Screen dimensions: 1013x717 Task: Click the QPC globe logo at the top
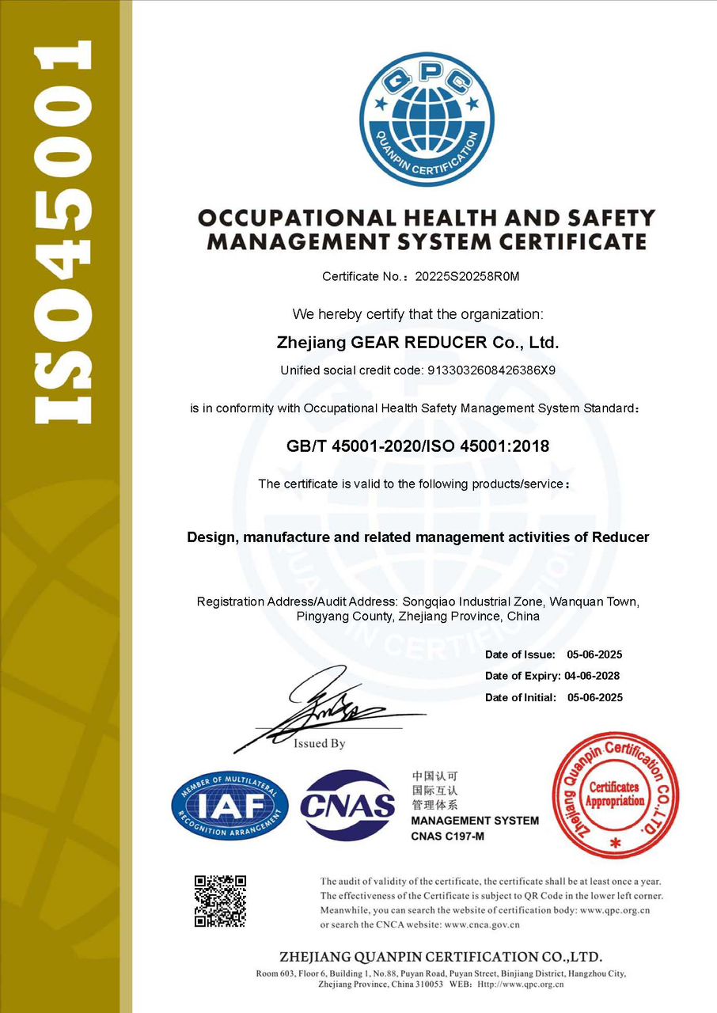click(x=427, y=120)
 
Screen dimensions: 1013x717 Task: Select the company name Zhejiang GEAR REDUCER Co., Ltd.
click(x=418, y=343)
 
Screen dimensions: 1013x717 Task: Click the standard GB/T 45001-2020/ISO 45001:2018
click(x=418, y=446)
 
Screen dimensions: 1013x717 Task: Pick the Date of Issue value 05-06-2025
click(x=594, y=654)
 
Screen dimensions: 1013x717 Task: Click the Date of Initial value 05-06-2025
click(x=594, y=697)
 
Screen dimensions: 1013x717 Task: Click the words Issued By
click(x=320, y=744)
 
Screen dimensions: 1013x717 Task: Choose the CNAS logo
click(x=347, y=805)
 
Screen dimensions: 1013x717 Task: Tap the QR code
click(x=221, y=901)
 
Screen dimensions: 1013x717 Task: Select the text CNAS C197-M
click(x=447, y=837)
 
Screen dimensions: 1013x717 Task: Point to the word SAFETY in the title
click(x=609, y=218)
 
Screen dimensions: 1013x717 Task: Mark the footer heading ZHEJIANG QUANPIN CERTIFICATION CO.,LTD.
click(x=441, y=956)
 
